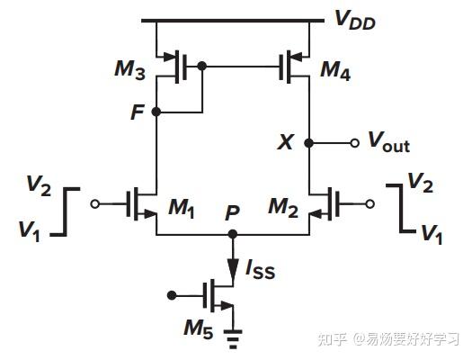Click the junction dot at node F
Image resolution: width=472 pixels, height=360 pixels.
[156, 112]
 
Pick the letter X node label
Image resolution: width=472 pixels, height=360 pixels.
[287, 142]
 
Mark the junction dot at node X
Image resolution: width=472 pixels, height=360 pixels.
[309, 142]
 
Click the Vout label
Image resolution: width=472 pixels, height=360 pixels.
[388, 142]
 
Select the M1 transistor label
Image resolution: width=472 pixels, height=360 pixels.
[184, 209]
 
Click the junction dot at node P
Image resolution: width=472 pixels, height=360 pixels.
[233, 234]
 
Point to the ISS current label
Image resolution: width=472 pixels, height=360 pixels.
[263, 268]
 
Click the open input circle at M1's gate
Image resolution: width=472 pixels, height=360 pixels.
[96, 203]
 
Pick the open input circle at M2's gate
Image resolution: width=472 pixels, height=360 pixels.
[370, 203]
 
